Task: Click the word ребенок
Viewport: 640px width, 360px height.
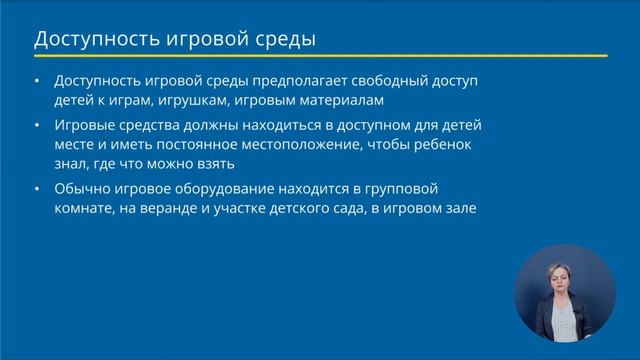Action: tap(470, 144)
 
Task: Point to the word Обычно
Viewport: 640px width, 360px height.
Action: tap(85, 188)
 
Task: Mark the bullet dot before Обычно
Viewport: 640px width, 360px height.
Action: tap(38, 189)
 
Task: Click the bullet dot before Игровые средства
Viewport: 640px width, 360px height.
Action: tap(38, 126)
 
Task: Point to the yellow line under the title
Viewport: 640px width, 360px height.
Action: tap(320, 56)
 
